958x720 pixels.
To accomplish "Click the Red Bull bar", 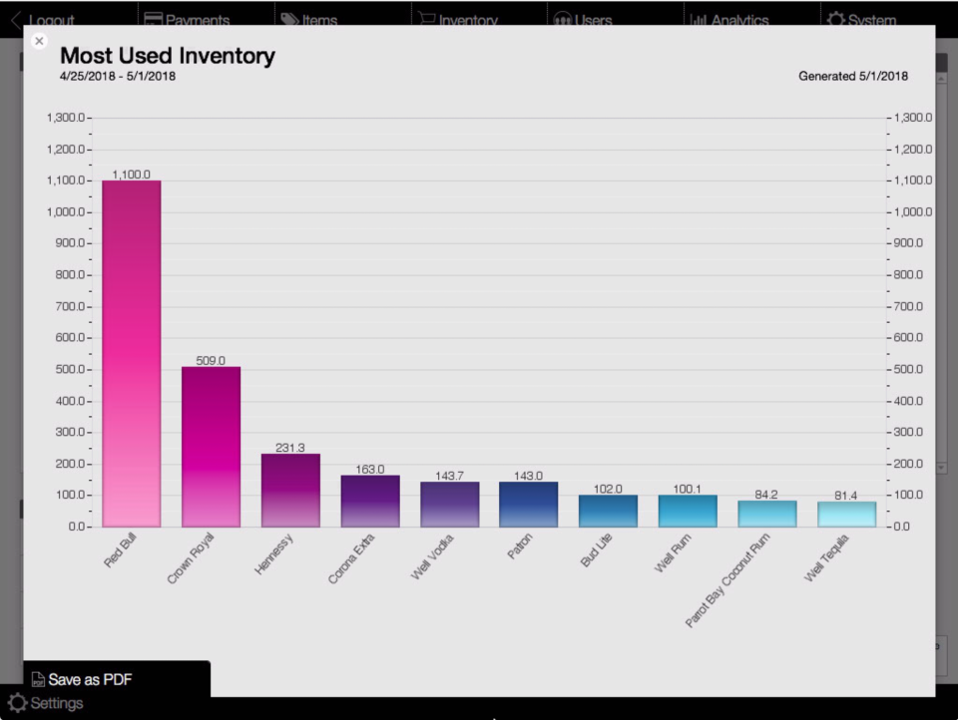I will tap(131, 354).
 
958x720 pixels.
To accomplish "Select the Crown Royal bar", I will tap(211, 447).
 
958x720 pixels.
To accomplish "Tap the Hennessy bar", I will tap(290, 491).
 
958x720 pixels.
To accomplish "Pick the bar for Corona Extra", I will tap(369, 501).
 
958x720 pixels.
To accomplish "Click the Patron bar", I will tap(528, 505).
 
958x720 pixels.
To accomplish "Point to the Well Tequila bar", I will tap(846, 514).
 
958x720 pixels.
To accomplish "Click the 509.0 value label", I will tap(211, 360).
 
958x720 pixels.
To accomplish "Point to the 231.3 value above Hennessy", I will tap(290, 448).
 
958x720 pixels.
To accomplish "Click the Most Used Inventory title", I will tap(168, 56).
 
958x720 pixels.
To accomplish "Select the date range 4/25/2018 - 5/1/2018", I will tap(118, 77).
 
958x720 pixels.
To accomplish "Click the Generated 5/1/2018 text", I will tap(853, 77).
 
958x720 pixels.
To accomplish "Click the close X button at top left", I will tap(39, 41).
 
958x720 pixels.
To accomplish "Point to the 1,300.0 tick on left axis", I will tap(66, 118).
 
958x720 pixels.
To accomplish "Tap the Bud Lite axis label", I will tap(596, 551).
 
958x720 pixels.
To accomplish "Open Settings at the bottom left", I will tap(46, 703).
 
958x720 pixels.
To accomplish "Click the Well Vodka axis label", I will tap(432, 559).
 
